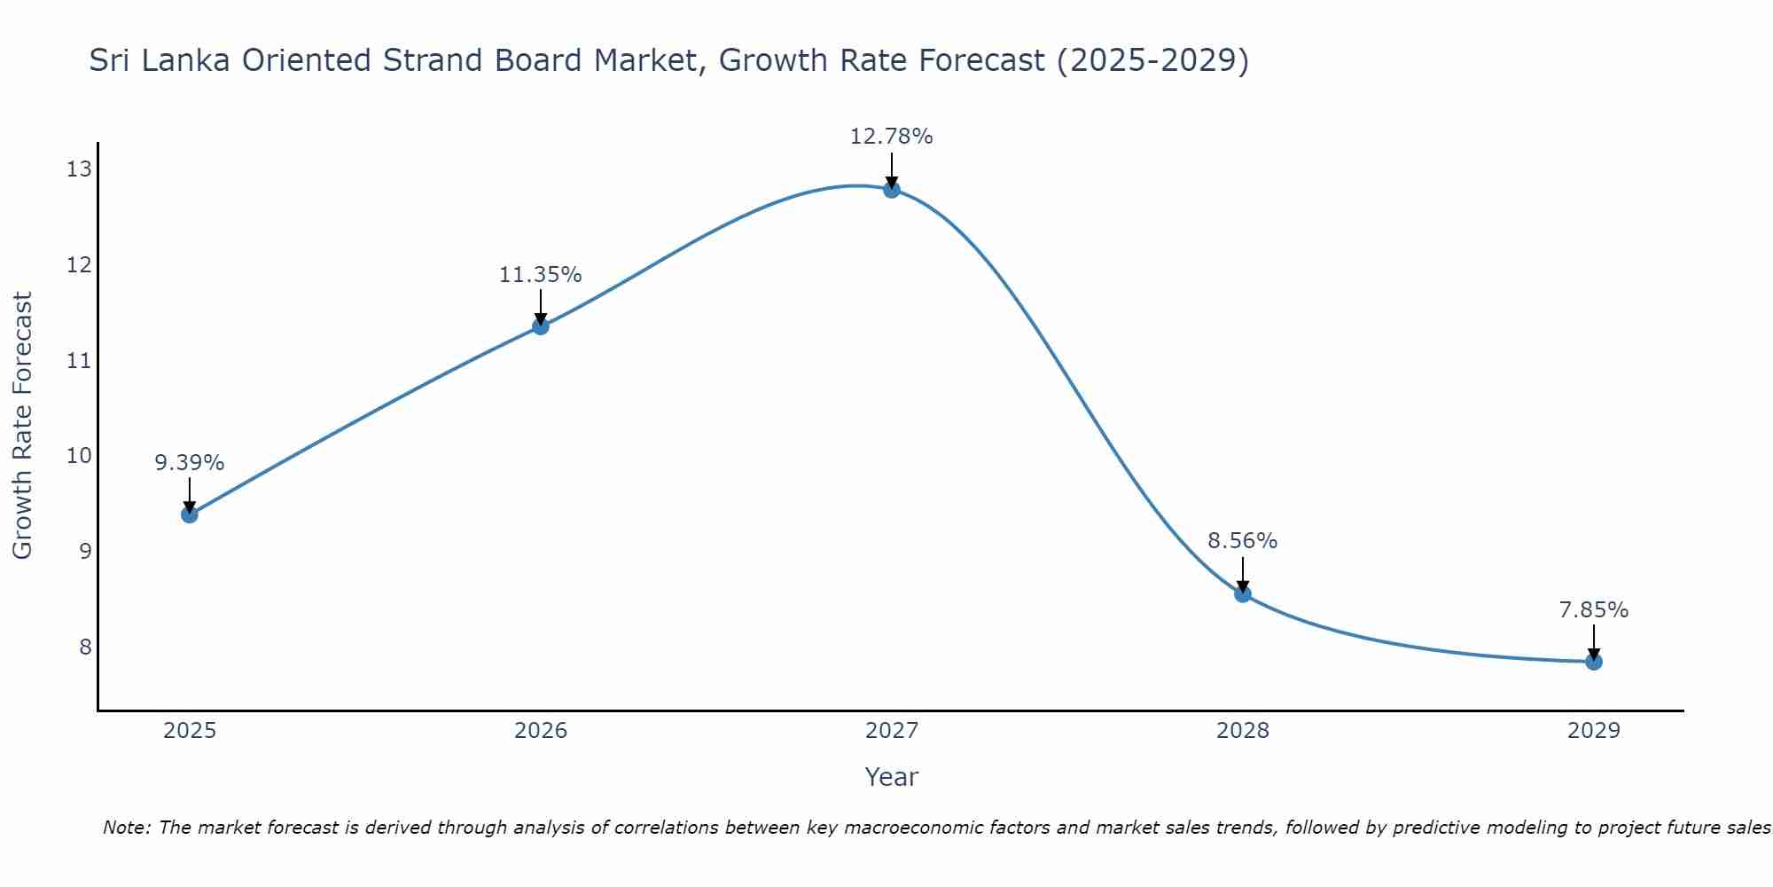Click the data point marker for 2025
point(190,514)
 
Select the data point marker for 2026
point(541,326)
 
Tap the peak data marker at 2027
point(892,189)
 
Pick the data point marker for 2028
point(1243,594)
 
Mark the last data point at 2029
point(1594,662)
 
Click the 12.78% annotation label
point(891,137)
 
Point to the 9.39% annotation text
point(190,463)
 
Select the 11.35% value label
point(540,275)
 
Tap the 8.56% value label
point(1242,541)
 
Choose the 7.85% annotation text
point(1593,610)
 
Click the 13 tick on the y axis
point(79,169)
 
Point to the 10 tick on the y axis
point(79,456)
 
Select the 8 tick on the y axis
point(85,647)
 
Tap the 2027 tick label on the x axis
point(892,731)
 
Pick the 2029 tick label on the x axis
point(1594,731)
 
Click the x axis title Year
point(891,777)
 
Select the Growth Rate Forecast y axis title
point(22,425)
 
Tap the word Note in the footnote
point(126,828)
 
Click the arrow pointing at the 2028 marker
point(1243,575)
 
